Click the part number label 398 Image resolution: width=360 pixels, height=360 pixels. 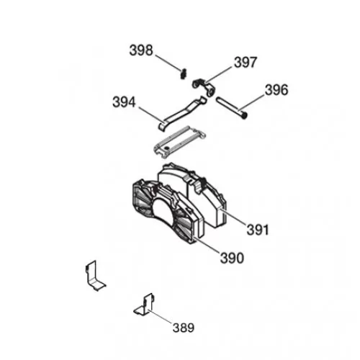tap(141, 50)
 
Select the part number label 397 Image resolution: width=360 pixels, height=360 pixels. tap(246, 63)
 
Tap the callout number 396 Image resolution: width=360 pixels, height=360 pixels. tap(276, 90)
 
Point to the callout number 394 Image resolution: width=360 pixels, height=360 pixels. tap(124, 102)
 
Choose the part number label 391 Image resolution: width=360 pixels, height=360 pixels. tap(258, 230)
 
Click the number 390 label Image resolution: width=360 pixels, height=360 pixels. tap(232, 258)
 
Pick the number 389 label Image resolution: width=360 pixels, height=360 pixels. tap(184, 328)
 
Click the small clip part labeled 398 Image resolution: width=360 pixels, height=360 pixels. tap(184, 73)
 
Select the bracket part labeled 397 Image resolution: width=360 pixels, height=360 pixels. tap(204, 87)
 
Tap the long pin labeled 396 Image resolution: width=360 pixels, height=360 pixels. tap(232, 108)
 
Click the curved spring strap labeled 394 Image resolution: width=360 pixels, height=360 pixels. tap(182, 113)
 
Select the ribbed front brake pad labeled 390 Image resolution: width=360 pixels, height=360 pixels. tap(168, 211)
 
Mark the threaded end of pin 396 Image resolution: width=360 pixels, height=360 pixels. tap(245, 116)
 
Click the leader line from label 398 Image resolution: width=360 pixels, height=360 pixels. tap(168, 63)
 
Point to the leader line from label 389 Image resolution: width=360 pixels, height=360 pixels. tap(161, 315)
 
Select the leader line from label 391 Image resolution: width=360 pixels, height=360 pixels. tap(233, 217)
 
